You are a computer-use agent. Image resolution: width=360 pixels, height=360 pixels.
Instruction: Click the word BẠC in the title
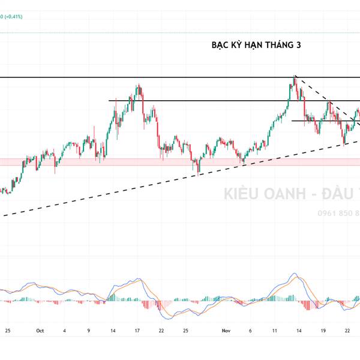[221, 45]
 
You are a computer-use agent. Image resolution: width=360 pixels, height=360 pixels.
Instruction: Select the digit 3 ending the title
[298, 45]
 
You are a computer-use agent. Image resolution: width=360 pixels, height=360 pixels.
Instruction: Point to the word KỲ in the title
[239, 45]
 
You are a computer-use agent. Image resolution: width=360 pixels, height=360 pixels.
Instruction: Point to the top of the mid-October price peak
[139, 85]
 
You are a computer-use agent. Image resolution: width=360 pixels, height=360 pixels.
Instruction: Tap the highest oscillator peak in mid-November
[295, 274]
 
